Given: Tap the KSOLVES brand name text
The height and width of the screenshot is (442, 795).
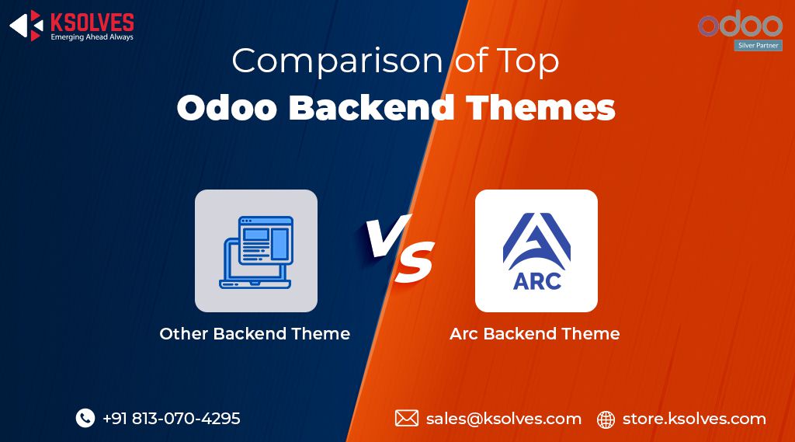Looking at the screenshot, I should (92, 22).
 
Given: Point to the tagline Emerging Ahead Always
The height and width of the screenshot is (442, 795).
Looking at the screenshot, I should (92, 37).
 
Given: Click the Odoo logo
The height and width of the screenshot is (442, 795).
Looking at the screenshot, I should (740, 25).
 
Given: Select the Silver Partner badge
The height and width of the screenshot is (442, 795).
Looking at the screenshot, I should (758, 46).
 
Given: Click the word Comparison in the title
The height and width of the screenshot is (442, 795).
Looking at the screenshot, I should (338, 61).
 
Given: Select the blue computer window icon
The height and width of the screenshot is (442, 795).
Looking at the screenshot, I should (255, 252).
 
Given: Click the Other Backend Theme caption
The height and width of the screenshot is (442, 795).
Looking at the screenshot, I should (255, 334).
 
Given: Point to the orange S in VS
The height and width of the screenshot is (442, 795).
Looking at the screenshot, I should (415, 265).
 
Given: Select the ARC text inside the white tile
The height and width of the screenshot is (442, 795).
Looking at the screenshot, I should (536, 280).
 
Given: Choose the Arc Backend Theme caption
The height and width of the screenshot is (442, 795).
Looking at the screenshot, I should (534, 334).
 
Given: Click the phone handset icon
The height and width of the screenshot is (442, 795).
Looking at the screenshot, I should (85, 418).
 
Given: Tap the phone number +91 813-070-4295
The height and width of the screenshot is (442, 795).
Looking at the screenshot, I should (171, 419).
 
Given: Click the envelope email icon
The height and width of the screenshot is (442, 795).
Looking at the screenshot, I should (406, 419).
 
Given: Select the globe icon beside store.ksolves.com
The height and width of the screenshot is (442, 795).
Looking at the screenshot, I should (606, 419).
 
